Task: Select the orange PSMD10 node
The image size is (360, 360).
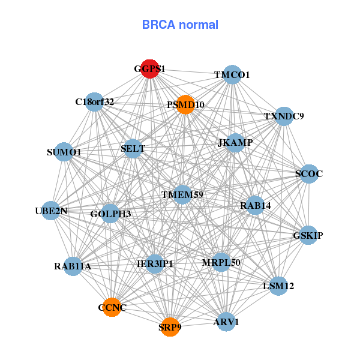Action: point(185,104)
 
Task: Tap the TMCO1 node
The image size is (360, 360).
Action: point(232,74)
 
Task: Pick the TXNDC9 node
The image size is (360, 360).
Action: point(284,116)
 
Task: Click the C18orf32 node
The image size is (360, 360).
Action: point(94,101)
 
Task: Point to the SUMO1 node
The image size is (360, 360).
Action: point(64,152)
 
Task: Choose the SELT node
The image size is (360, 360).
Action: point(133,148)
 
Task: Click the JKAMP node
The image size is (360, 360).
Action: point(235,142)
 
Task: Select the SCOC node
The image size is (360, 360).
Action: point(309,174)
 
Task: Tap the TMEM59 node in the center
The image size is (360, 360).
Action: point(182,194)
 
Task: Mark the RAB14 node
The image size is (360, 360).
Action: point(255,205)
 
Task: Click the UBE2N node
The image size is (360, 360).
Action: point(51,211)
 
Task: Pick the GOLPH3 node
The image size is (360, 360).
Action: point(110,213)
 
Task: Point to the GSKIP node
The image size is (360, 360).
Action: point(308,235)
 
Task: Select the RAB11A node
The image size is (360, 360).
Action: point(73,266)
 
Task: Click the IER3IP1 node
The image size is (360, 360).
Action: point(155,263)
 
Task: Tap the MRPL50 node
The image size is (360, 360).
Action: point(221,262)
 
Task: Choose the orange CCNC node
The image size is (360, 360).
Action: point(112,307)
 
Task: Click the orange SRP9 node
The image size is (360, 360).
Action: point(170,327)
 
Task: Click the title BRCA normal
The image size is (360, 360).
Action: point(180,25)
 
